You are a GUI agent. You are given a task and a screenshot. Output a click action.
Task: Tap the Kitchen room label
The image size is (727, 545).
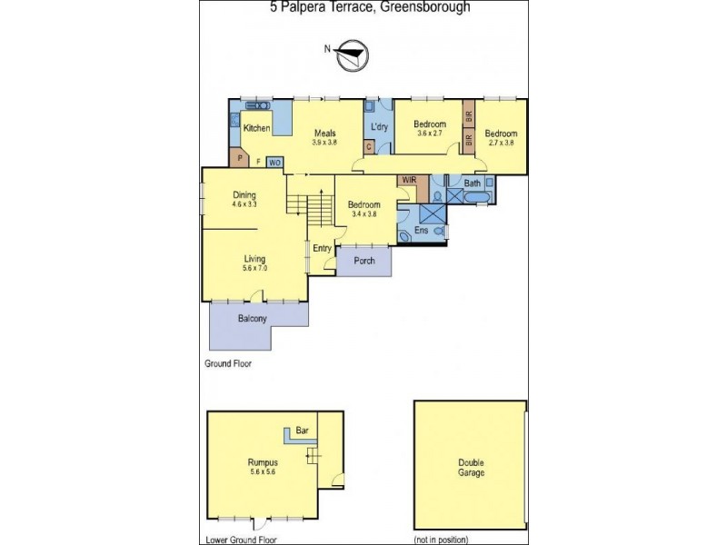256,128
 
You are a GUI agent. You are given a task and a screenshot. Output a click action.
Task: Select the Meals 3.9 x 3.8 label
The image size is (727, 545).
324,137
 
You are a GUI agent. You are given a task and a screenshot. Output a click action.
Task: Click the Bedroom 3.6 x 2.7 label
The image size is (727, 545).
430,128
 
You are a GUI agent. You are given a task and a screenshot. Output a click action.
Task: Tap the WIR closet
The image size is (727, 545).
407,181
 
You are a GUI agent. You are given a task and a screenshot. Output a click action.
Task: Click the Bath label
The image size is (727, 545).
473,183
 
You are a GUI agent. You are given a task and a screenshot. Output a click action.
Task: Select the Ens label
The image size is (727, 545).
421,231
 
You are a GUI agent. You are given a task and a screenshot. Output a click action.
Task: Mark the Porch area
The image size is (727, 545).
363,261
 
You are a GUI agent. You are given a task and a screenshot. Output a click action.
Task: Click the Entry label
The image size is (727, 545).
322,248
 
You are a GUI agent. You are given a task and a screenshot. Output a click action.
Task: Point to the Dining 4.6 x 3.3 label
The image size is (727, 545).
244,199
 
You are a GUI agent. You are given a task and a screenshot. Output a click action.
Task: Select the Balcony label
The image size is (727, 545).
252,318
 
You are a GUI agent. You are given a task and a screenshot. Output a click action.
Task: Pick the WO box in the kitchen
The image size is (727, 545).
274,163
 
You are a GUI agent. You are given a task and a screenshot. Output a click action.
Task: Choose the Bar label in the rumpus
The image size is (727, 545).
303,431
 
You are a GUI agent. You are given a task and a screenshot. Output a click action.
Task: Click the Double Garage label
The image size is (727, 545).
471,467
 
